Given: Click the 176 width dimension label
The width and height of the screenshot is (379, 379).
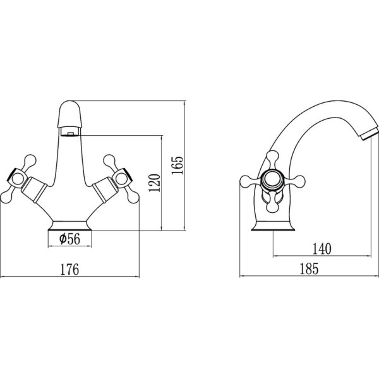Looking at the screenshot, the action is (69, 269).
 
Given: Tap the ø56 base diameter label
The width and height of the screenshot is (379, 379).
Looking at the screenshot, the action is (69, 239).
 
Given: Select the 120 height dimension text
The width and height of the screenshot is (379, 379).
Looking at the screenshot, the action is (155, 183).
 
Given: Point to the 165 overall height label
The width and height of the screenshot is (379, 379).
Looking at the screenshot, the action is (177, 165).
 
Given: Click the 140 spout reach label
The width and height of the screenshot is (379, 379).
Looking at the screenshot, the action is (322, 249).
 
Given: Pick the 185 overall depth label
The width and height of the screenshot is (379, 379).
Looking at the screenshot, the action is (309, 269).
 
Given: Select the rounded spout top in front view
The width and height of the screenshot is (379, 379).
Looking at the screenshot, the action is (70, 114).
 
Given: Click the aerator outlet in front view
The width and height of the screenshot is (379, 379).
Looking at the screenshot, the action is (70, 132).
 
